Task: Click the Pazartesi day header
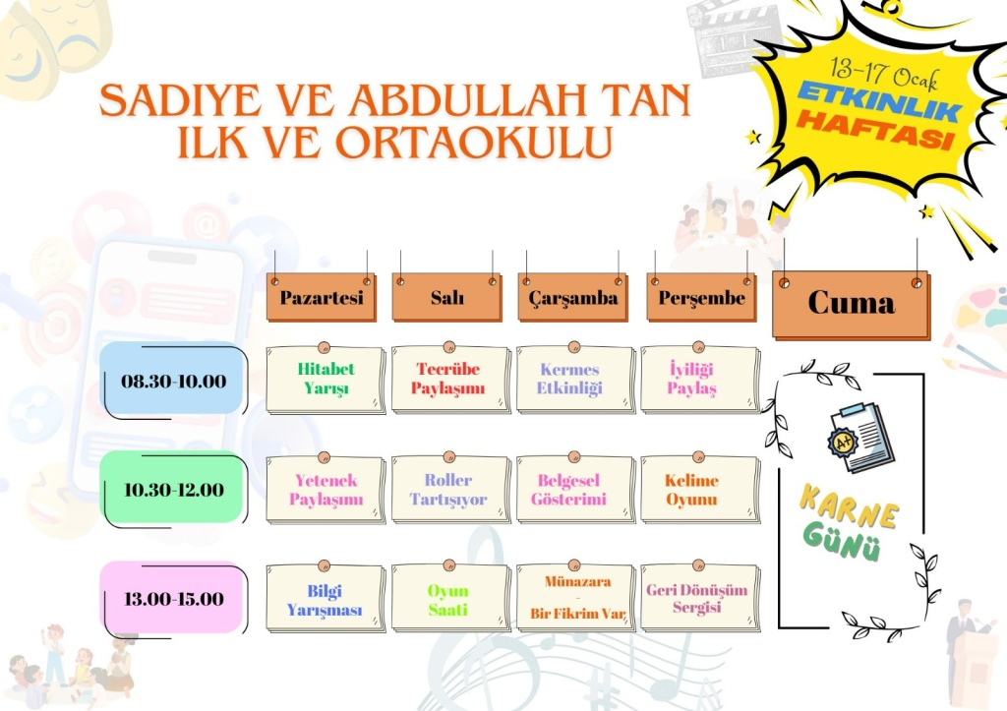pos(322,297)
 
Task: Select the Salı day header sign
pos(447,297)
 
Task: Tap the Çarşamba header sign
pos(573,297)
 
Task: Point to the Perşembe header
pos(701,297)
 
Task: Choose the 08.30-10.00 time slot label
pos(173,381)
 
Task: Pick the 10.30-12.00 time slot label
pos(173,490)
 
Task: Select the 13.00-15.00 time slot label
pos(173,599)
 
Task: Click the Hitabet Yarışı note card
pos(326,379)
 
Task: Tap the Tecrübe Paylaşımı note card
pos(450,379)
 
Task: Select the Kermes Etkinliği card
pos(575,379)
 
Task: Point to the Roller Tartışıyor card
pos(450,490)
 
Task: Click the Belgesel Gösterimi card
pos(575,490)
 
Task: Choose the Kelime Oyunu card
pos(700,490)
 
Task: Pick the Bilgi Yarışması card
pos(326,599)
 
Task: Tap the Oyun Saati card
pos(450,599)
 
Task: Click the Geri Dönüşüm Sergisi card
pos(700,599)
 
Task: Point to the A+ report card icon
pos(860,438)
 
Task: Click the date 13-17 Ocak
pos(884,73)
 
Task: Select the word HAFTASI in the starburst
pos(874,130)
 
